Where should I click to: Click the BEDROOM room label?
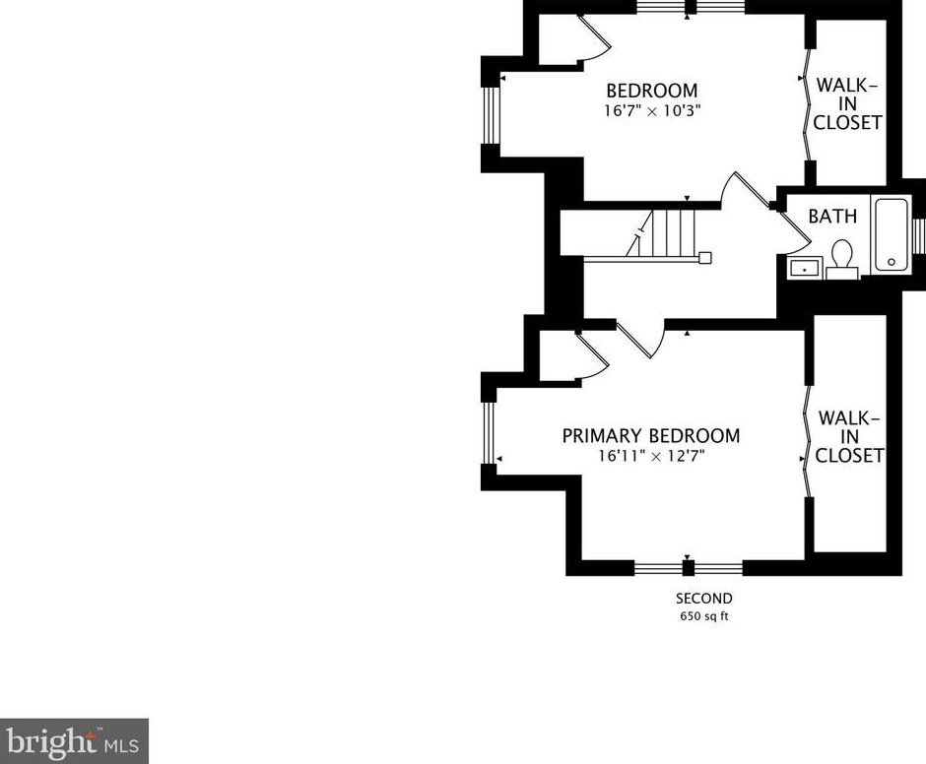tap(651, 91)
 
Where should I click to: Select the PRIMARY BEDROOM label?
tap(650, 435)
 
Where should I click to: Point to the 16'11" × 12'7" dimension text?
tap(650, 456)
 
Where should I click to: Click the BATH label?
tap(832, 216)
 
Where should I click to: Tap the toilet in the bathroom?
tap(842, 258)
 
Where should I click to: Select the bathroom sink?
tap(806, 267)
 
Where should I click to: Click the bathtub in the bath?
tap(893, 235)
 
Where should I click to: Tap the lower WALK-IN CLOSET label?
tap(848, 436)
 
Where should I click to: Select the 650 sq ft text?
tap(703, 617)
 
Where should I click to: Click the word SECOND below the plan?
tap(703, 598)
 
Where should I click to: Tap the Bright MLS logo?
tap(74, 740)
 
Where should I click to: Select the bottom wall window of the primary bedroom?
tap(688, 567)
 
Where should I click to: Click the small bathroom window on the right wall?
tap(920, 236)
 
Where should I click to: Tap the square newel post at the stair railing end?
tap(704, 259)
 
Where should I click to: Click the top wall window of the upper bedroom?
tap(690, 7)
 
